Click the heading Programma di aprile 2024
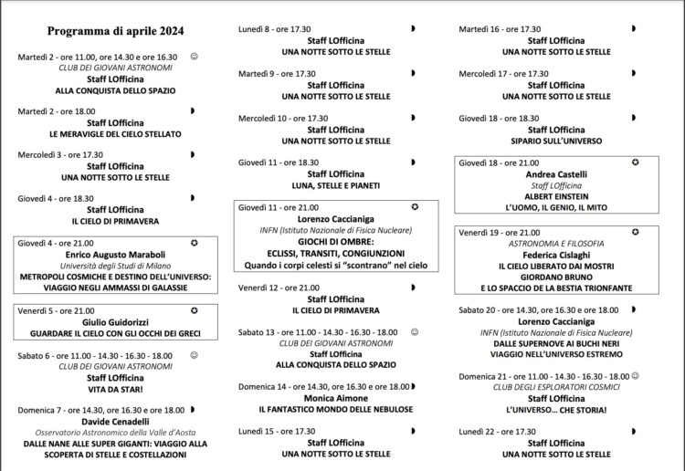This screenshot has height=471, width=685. pyautogui.click(x=102, y=30)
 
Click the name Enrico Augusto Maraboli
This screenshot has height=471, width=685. pyautogui.click(x=115, y=255)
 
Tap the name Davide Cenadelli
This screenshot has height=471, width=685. pyautogui.click(x=115, y=421)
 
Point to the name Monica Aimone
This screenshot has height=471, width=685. pyautogui.click(x=335, y=398)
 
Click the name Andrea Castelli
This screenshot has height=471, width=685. pyautogui.click(x=557, y=174)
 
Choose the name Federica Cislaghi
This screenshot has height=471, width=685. pyautogui.click(x=557, y=256)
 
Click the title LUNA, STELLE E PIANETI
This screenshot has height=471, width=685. pyautogui.click(x=335, y=185)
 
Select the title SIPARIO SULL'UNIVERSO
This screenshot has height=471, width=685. pyautogui.click(x=557, y=141)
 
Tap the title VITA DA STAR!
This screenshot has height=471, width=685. pyautogui.click(x=115, y=388)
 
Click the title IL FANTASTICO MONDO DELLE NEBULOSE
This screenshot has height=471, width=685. pyautogui.click(x=335, y=409)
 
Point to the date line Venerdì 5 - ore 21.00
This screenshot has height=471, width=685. pyautogui.click(x=56, y=310)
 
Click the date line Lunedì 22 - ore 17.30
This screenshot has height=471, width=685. pyautogui.click(x=498, y=432)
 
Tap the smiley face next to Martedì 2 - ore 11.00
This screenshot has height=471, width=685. pyautogui.click(x=194, y=57)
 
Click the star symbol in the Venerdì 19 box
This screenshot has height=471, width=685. pyautogui.click(x=635, y=232)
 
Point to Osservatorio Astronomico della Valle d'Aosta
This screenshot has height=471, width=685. pyautogui.click(x=115, y=432)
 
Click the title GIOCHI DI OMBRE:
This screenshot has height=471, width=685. pyautogui.click(x=335, y=241)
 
